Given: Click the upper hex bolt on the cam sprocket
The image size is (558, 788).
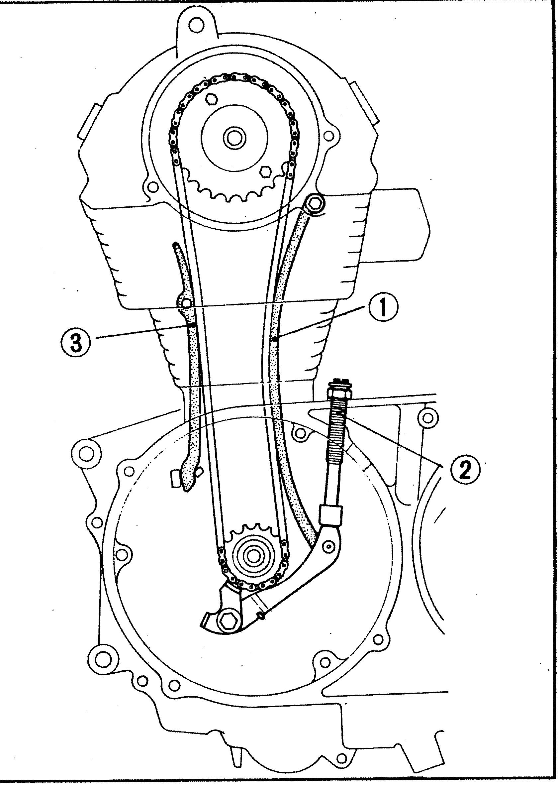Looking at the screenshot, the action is point(211,100).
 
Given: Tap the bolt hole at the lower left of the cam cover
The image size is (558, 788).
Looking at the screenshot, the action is point(153,187).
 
